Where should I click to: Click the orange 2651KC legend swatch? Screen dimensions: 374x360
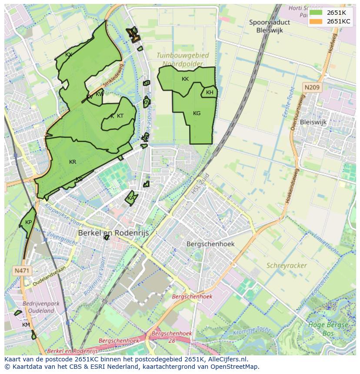316,21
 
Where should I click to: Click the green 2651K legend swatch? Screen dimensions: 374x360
316,13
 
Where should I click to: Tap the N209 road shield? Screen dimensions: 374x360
312,88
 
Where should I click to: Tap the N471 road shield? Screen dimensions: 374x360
22,271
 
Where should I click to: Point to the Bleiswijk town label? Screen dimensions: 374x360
313,122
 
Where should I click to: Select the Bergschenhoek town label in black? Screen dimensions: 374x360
210,244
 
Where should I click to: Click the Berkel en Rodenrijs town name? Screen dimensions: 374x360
113,233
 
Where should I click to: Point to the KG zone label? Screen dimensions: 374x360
197,113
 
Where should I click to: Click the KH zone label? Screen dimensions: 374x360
210,93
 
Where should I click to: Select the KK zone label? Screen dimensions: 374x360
185,79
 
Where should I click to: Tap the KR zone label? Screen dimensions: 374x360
73,162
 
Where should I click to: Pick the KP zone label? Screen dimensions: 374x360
28,222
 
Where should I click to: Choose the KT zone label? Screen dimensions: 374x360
120,116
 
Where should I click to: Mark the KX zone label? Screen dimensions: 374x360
68,55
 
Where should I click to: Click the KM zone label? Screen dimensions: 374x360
26,325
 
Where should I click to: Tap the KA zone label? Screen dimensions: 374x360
131,199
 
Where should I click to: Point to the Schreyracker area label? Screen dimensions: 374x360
287,265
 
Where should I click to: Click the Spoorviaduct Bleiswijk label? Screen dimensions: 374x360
270,26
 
